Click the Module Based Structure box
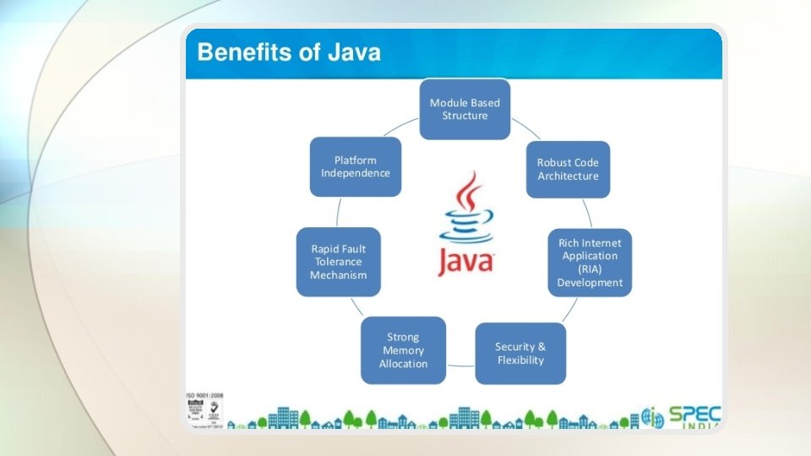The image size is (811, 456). tap(465, 110)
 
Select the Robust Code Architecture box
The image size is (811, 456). tap(568, 170)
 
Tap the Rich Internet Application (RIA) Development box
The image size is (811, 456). tap(590, 263)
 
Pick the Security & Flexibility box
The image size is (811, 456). tap(520, 353)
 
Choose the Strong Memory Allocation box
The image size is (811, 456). tap(403, 350)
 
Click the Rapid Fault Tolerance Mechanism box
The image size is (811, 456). tap(338, 262)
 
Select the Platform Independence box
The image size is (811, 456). tap(355, 167)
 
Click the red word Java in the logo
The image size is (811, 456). tap(465, 260)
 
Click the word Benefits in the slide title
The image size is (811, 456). tap(238, 53)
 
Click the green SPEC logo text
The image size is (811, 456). tap(694, 415)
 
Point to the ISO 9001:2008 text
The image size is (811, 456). tap(204, 395)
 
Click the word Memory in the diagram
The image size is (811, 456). tap(403, 350)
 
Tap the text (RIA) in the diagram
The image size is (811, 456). tap(590, 269)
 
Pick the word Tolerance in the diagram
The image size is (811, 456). tap(338, 262)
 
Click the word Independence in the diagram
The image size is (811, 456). tap(355, 173)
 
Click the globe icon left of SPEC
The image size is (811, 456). tap(653, 417)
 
